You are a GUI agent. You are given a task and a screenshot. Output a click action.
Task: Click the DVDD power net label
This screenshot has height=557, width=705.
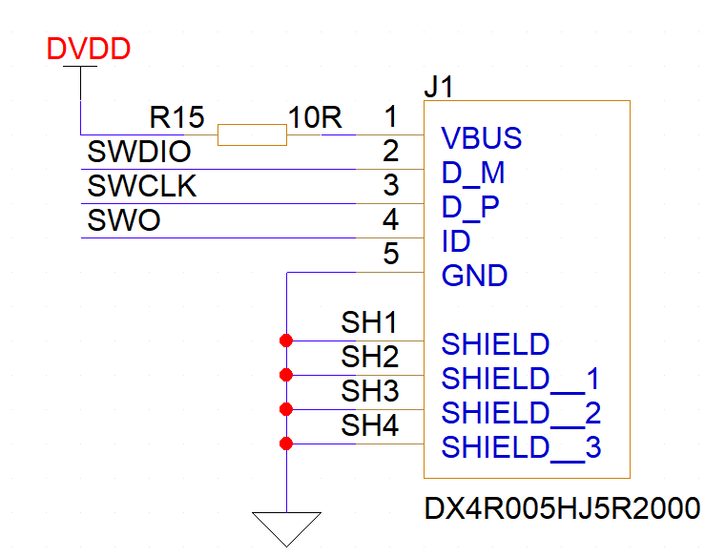[89, 50]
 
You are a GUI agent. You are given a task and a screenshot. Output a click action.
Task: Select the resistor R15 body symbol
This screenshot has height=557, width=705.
[252, 135]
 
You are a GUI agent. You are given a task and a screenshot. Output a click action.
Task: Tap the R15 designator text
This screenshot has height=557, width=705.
[177, 118]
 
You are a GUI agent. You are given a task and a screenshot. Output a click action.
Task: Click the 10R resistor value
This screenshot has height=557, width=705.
[315, 118]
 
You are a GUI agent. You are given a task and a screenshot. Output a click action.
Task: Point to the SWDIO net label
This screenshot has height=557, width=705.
[139, 153]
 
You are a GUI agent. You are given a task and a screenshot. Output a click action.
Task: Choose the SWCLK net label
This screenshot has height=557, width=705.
[141, 187]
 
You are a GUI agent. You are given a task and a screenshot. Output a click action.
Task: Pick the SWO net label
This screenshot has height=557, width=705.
[124, 221]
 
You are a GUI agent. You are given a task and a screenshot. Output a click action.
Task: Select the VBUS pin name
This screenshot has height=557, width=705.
[482, 139]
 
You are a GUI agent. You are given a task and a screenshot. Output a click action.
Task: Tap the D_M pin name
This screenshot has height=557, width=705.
[473, 174]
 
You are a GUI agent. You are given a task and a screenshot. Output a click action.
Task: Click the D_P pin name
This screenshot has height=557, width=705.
[472, 208]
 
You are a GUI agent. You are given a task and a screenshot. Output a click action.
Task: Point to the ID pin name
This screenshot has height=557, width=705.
[456, 242]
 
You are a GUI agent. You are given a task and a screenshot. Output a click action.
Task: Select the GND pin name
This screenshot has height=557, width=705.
[474, 277]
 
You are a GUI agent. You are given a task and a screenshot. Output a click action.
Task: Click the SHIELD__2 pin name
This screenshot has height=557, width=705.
[521, 414]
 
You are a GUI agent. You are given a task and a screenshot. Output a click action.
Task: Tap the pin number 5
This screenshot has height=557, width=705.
[390, 255]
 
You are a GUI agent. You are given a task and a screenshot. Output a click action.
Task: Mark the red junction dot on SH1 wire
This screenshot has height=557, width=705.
[285, 340]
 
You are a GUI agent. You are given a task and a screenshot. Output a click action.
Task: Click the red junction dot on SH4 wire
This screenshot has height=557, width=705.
[285, 444]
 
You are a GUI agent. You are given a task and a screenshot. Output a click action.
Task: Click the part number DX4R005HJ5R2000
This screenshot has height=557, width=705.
[562, 509]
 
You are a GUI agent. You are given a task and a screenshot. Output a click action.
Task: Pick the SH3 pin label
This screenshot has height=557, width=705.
[369, 392]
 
